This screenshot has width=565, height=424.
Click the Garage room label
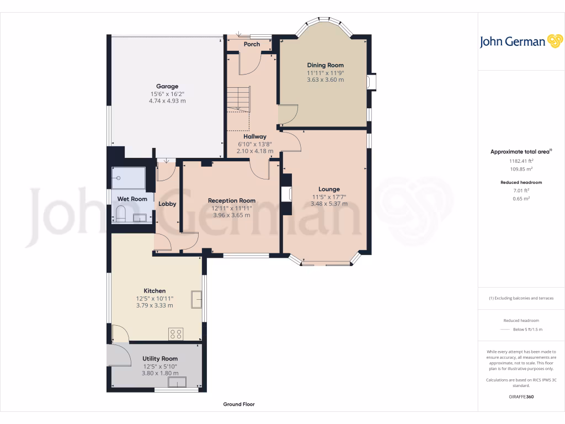pos(167,86)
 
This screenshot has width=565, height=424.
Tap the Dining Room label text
pos(326,65)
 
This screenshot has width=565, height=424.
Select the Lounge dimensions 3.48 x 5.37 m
pos(329,204)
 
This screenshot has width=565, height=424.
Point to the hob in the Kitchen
pos(176,333)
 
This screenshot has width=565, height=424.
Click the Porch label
pos(252,44)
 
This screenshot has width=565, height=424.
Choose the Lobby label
pos(167,204)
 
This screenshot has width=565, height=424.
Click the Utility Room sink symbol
pos(177,383)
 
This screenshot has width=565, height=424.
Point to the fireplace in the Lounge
pos(286,194)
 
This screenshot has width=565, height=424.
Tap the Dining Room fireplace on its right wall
pos(371,82)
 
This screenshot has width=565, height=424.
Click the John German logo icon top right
pos(554,41)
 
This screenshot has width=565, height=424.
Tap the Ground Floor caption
pos(239,404)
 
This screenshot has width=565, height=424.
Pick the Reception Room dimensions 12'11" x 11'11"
pos(232,208)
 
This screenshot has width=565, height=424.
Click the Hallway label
pos(255,136)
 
